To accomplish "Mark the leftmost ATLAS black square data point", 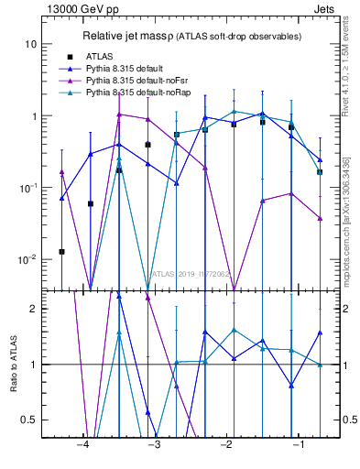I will [61, 251].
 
